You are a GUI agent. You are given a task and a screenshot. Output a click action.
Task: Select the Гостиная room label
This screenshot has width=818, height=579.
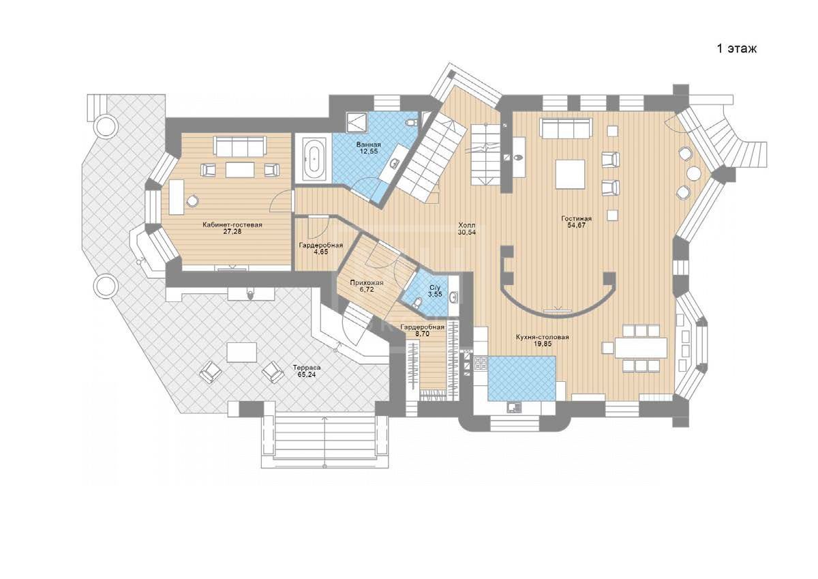click(x=576, y=219)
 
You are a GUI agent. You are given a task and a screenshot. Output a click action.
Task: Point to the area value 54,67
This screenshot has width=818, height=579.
click(x=576, y=225)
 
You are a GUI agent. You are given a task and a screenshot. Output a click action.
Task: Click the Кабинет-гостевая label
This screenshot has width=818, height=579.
click(x=232, y=225)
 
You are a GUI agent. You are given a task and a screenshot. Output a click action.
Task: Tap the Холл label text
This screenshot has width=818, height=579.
click(x=467, y=225)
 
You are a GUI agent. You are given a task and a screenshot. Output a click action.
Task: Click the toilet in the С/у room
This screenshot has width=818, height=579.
click(x=417, y=303)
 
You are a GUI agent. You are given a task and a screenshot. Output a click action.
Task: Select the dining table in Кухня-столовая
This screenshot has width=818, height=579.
click(x=641, y=348)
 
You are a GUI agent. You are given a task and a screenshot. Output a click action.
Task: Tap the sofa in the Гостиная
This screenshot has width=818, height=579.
click(x=566, y=129)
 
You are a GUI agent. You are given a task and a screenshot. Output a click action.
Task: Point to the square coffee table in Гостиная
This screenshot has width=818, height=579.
click(x=571, y=175)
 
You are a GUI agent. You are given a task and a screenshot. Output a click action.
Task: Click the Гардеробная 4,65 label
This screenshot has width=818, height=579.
click(x=321, y=249)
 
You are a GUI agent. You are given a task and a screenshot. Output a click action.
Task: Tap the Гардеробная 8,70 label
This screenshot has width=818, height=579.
click(x=422, y=331)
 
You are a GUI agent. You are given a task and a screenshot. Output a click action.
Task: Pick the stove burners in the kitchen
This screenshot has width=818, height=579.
click(x=481, y=363)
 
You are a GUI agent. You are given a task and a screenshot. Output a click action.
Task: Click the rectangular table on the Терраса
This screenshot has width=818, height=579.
click(x=242, y=352)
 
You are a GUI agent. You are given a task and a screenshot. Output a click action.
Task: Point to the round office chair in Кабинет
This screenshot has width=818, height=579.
click(x=192, y=200)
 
